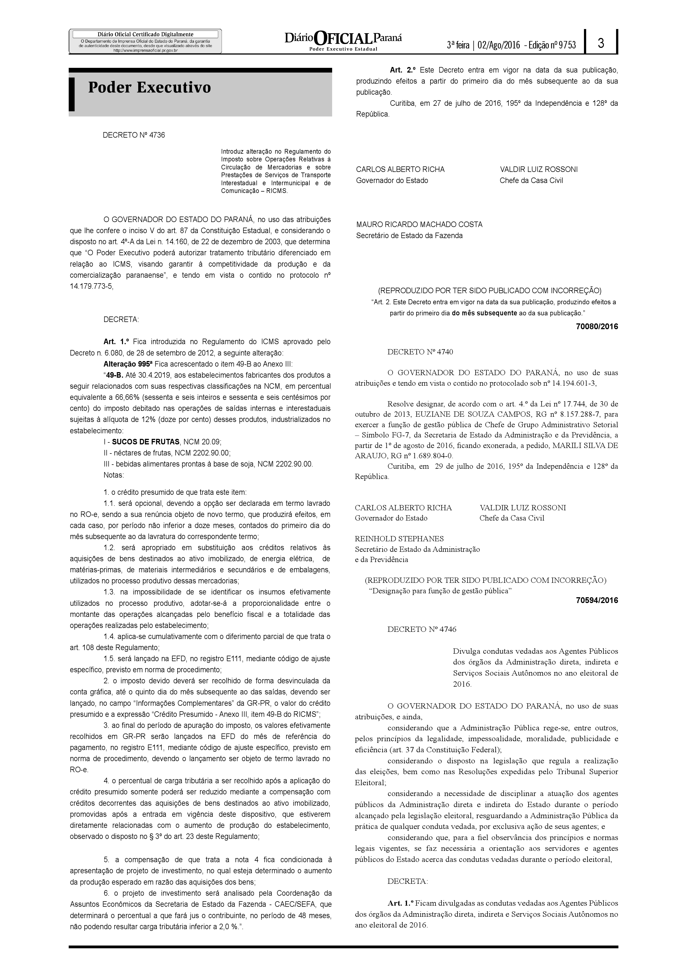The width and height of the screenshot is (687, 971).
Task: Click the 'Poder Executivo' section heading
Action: click(149, 87)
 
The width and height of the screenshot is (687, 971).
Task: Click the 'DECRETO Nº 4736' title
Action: click(134, 135)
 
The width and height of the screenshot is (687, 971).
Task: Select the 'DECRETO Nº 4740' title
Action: click(420, 352)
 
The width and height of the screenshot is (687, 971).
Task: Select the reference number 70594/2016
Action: click(597, 601)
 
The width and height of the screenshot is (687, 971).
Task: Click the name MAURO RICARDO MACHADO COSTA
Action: click(419, 224)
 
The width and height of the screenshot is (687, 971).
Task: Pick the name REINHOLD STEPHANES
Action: click(399, 539)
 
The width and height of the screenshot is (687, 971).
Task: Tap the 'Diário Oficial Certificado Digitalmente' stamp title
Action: click(145, 34)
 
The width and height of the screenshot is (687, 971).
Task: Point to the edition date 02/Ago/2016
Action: click(498, 45)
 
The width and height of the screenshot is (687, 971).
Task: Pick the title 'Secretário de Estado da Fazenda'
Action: click(409, 236)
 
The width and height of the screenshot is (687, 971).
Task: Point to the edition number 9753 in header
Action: click(567, 45)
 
